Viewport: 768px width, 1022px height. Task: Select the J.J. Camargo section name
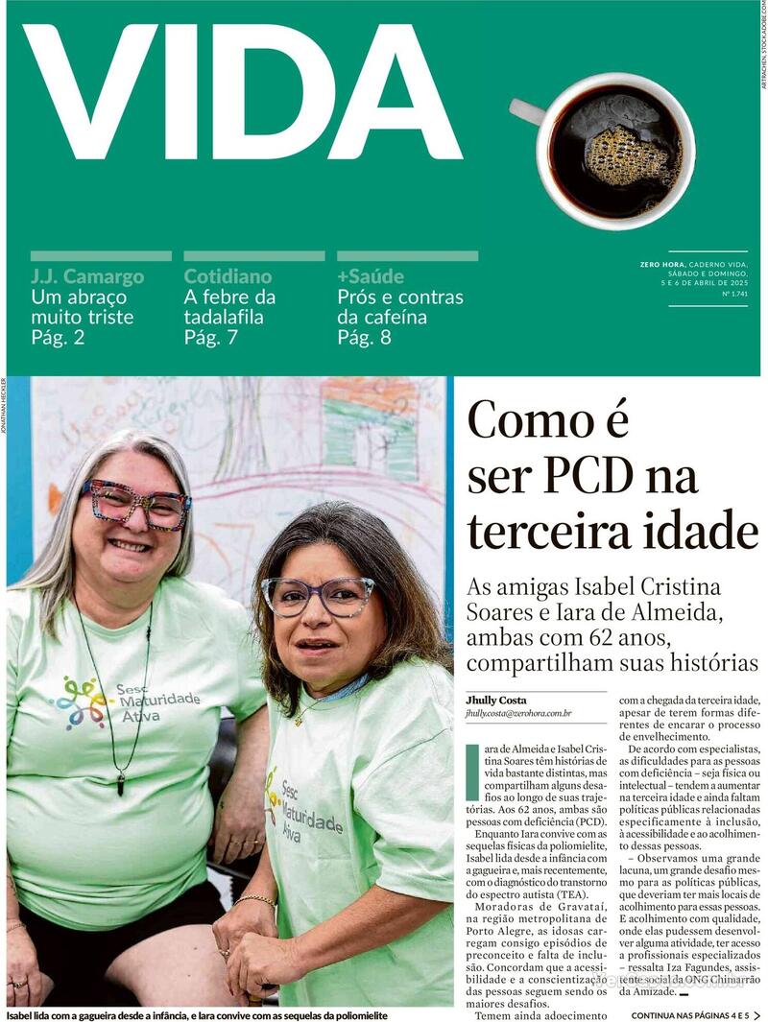[87, 276]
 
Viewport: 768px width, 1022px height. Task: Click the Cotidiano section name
[228, 276]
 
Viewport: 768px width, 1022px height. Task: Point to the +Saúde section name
[371, 276]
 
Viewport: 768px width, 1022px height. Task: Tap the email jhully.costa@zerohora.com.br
[518, 713]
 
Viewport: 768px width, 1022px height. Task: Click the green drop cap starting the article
[472, 772]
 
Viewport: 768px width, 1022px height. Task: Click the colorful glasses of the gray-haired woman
[135, 504]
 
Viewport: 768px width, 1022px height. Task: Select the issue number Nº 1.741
[734, 294]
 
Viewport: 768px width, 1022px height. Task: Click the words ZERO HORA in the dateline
[662, 264]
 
